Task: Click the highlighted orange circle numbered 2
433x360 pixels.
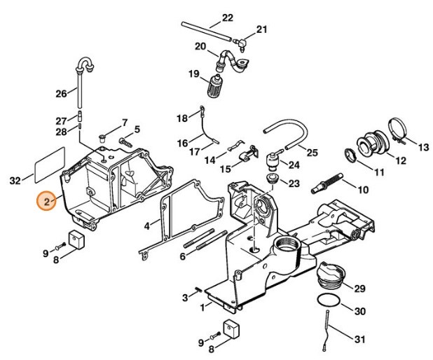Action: point(47,202)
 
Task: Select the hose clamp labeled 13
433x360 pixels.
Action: point(397,131)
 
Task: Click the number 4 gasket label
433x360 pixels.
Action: point(146,226)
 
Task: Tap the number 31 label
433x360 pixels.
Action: point(359,340)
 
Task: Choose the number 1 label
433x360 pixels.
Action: point(202,306)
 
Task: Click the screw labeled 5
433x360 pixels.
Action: point(128,140)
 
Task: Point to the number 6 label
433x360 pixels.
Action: point(181,256)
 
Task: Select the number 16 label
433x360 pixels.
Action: point(181,143)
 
